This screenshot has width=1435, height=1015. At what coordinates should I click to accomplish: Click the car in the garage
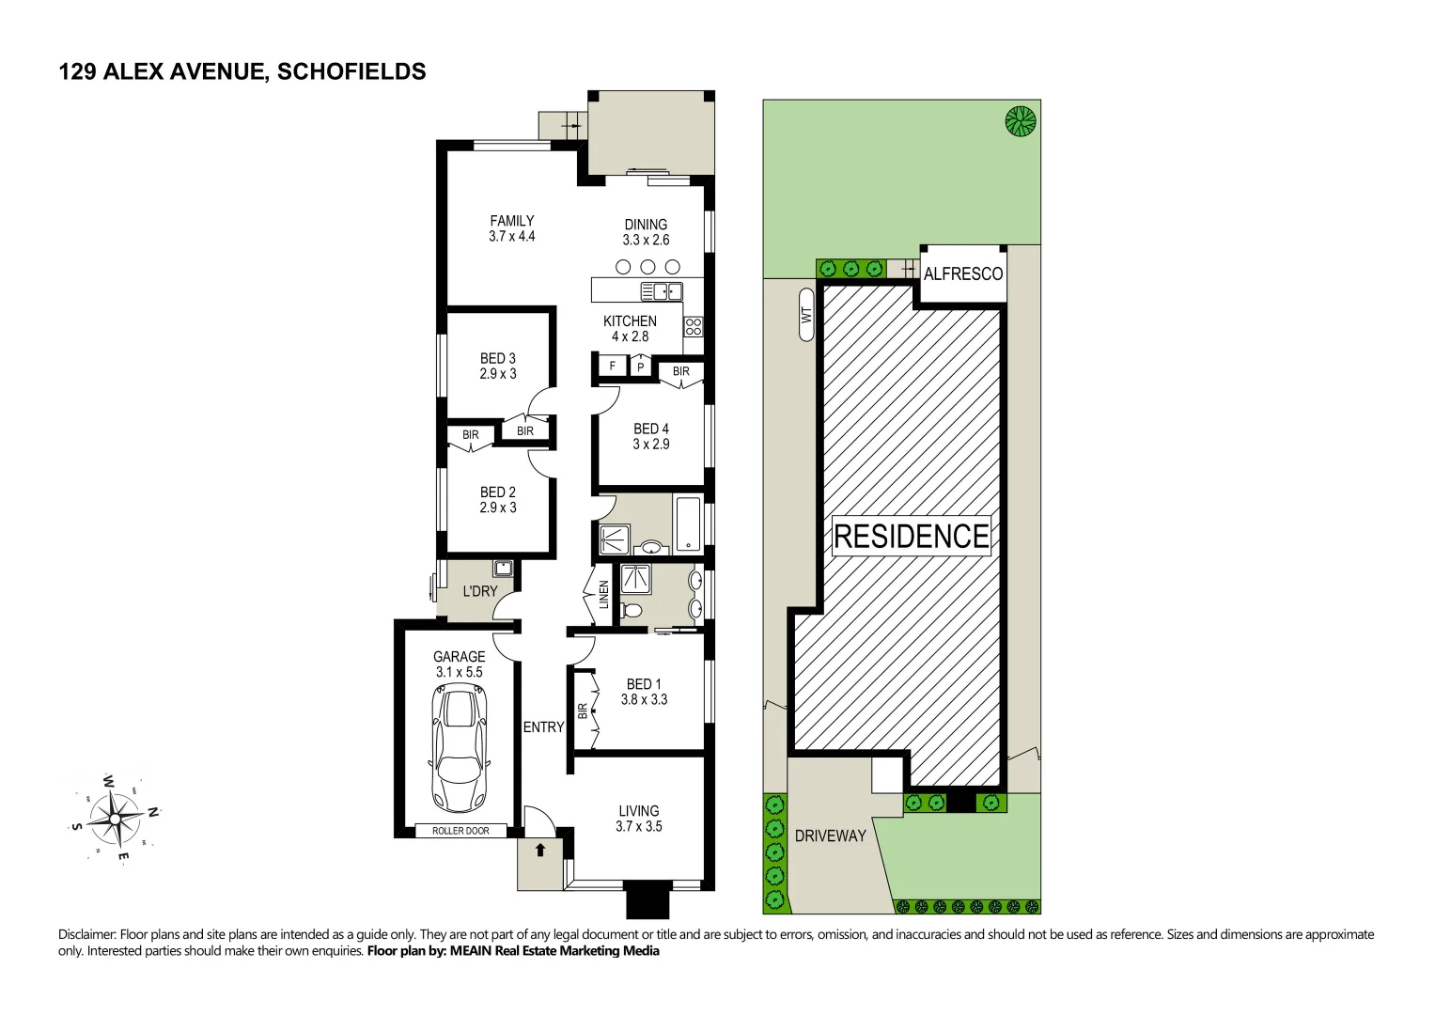(459, 748)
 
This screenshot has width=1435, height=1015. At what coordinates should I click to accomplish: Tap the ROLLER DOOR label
(460, 831)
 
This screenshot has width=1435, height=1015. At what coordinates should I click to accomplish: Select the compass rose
(115, 818)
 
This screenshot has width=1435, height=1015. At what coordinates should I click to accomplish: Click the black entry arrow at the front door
(540, 851)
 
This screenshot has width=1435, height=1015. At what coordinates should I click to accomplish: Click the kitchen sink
(662, 291)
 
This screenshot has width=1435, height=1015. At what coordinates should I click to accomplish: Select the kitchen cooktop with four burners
(694, 327)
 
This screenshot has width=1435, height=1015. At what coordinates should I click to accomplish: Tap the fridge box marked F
(613, 366)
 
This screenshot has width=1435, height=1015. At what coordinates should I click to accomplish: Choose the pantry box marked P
(641, 367)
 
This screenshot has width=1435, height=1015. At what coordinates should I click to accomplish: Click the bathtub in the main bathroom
(688, 523)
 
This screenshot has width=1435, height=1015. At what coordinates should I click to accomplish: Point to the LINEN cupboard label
(604, 594)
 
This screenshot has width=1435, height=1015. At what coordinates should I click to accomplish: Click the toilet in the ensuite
(632, 611)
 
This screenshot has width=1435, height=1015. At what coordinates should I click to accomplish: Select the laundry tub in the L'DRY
(503, 569)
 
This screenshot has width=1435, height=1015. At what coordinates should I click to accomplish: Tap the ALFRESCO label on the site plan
(962, 274)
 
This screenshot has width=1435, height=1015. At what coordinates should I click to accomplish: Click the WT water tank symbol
(806, 315)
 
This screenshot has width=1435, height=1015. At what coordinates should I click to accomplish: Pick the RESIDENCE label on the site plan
(911, 536)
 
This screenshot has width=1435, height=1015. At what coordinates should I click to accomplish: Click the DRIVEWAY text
(830, 835)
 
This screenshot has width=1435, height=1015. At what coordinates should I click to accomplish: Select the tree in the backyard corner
(1020, 121)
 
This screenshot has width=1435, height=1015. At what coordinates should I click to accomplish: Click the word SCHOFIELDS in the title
(351, 71)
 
